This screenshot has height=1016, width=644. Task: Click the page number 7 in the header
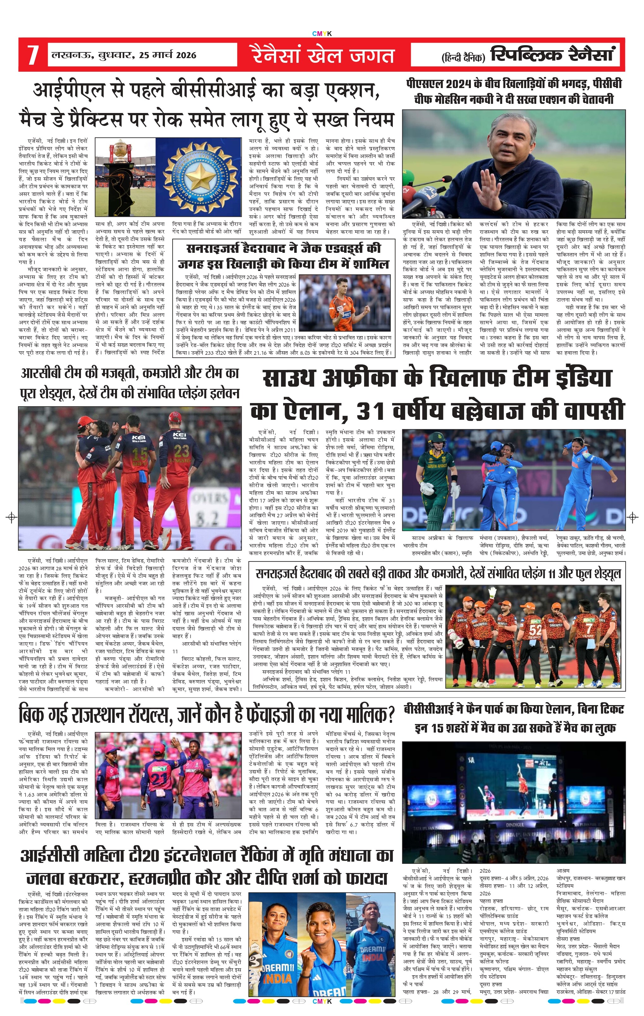[x=33, y=55]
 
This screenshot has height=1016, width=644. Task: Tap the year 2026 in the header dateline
[x=186, y=55]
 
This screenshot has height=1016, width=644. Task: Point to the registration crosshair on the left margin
[x=12, y=517]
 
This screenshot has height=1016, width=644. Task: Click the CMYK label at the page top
[x=322, y=34]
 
